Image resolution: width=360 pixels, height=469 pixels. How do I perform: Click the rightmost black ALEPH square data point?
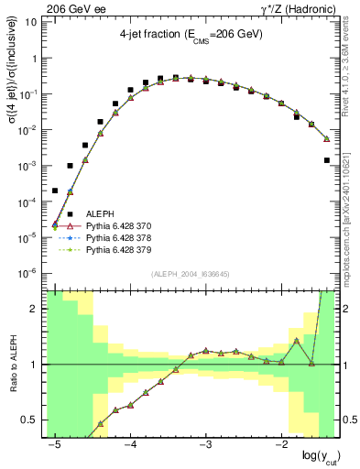327,160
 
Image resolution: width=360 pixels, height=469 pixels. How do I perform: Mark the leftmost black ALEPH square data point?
55,191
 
